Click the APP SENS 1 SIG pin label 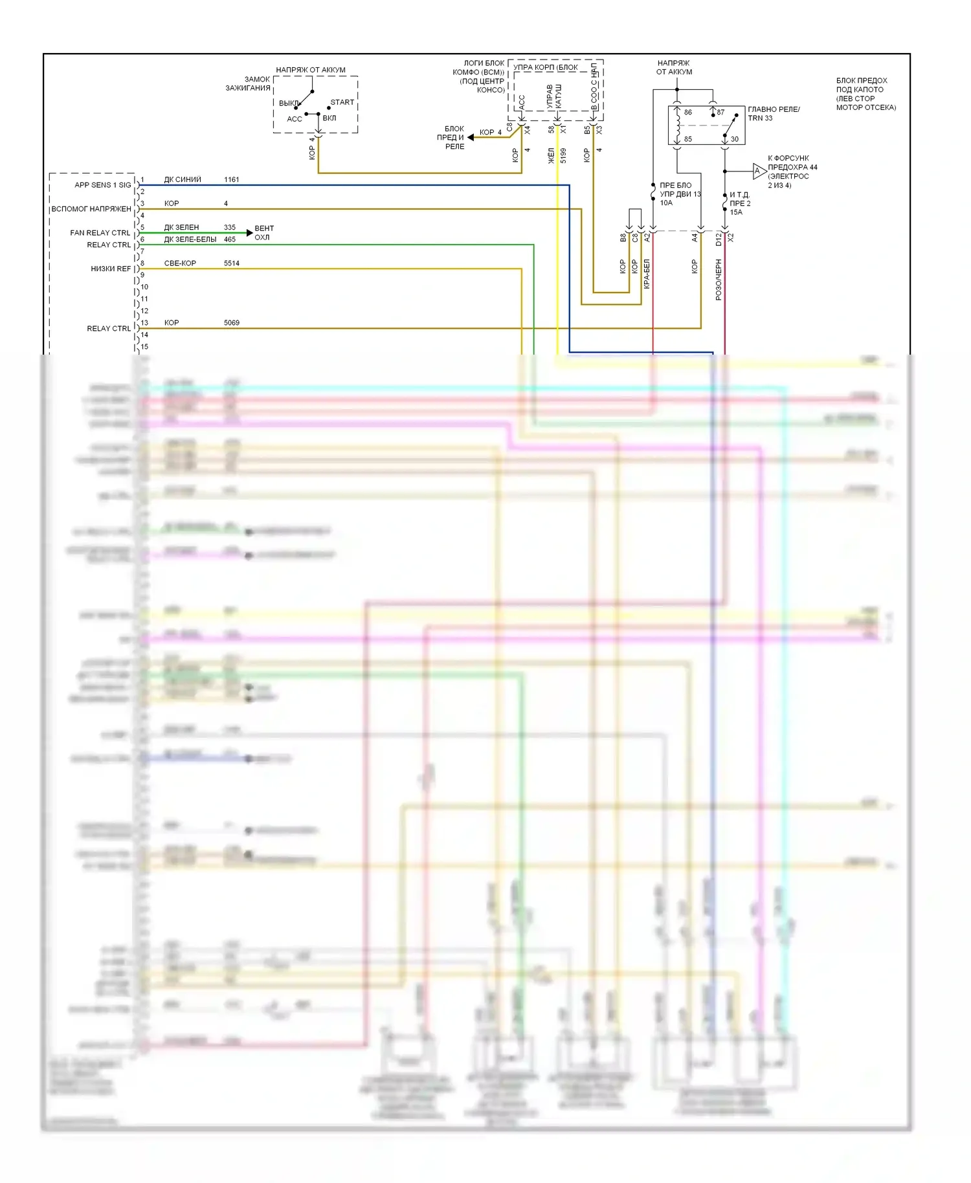[x=102, y=185]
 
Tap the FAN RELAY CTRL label [x=100, y=233]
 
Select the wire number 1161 [x=231, y=180]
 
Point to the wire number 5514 [x=231, y=263]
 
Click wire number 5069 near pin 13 [x=231, y=323]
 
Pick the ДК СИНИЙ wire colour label [x=183, y=180]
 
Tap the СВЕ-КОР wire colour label [x=180, y=263]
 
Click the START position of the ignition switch [x=342, y=102]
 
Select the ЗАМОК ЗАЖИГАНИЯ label [x=248, y=83]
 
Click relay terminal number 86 [x=687, y=113]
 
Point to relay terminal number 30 [x=734, y=139]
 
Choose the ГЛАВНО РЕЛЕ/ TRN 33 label [x=774, y=114]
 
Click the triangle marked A [x=759, y=171]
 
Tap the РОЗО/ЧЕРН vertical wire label [x=719, y=280]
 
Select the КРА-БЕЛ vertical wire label [x=647, y=274]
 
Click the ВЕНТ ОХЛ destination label [x=263, y=233]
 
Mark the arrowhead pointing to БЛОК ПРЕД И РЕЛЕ [x=471, y=137]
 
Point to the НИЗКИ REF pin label [x=111, y=269]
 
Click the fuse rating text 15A [x=736, y=212]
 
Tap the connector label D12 [x=719, y=239]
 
